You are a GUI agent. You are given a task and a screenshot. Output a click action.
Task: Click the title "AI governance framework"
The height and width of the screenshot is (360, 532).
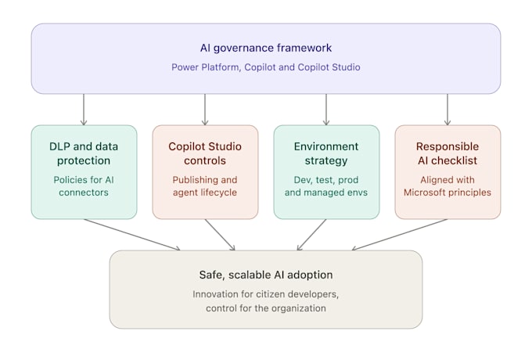pyautogui.click(x=266, y=48)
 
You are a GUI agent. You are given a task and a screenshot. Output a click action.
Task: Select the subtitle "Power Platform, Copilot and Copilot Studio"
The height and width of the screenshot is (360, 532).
pyautogui.click(x=266, y=67)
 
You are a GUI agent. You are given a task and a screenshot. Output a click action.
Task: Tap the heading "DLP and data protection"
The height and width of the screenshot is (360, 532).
pyautogui.click(x=84, y=153)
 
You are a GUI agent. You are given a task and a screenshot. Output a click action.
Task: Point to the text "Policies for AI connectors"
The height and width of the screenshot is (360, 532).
pyautogui.click(x=84, y=186)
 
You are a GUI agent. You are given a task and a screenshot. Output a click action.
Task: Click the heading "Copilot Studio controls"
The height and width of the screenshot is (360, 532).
pyautogui.click(x=205, y=153)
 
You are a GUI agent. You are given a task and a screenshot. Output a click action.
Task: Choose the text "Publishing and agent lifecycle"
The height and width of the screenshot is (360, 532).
pyautogui.click(x=205, y=186)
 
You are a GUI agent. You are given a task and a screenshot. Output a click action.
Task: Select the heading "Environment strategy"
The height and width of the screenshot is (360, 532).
pyautogui.click(x=326, y=153)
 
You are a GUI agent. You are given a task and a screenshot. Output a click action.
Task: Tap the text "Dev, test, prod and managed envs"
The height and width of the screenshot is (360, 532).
pyautogui.click(x=326, y=186)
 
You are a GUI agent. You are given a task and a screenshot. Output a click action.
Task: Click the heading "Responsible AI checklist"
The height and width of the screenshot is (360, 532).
pyautogui.click(x=448, y=153)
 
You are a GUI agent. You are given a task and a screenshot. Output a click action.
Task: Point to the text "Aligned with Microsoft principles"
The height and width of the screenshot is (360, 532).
pyautogui.click(x=448, y=186)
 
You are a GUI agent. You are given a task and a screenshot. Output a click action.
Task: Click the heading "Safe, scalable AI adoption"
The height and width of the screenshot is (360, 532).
pyautogui.click(x=266, y=275)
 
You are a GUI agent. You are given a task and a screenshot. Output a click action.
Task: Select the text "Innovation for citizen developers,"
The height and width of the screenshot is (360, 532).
pyautogui.click(x=266, y=294)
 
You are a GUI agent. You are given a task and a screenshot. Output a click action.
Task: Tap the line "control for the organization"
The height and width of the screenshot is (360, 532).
pyautogui.click(x=266, y=308)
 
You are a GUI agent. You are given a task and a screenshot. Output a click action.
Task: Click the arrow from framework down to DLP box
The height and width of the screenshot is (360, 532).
pyautogui.click(x=84, y=110)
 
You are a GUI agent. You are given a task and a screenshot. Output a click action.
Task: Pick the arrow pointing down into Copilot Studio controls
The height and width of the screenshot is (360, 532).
pyautogui.click(x=205, y=110)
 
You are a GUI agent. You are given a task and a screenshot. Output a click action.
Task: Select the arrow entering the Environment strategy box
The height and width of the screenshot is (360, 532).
pyautogui.click(x=326, y=110)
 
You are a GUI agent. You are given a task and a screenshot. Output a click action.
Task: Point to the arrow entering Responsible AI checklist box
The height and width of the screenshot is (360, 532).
pyautogui.click(x=448, y=110)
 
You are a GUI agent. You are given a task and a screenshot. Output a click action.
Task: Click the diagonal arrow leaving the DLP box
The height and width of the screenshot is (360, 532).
pyautogui.click(x=132, y=235)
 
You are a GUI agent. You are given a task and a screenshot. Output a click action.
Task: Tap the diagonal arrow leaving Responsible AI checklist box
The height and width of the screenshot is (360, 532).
pyautogui.click(x=400, y=235)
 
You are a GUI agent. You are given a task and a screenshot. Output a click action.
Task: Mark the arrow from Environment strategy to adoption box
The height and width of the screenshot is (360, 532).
pyautogui.click(x=311, y=235)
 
